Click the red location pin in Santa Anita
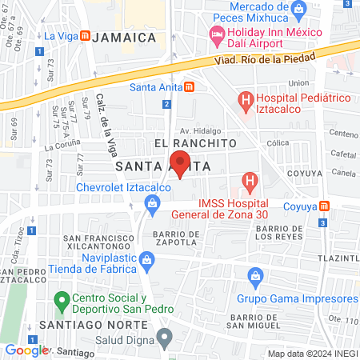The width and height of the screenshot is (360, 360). click(x=180, y=164)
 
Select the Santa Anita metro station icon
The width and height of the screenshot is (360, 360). click(x=189, y=87)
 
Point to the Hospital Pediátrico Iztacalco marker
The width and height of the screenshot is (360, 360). click(x=246, y=101)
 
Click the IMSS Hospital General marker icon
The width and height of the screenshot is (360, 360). click(x=250, y=183)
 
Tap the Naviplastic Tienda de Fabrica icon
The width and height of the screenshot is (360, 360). click(x=146, y=259)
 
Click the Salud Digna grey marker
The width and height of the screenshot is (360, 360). click(x=165, y=336)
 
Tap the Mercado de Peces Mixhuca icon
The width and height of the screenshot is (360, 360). click(x=299, y=10)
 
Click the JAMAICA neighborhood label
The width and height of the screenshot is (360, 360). click(x=123, y=38)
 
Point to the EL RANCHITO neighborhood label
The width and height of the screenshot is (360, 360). click(x=195, y=142)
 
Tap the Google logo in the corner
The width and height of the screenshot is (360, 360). click(x=26, y=350)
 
